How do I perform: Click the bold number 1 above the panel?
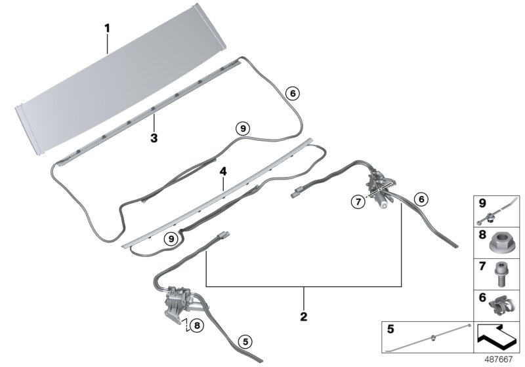[107, 28]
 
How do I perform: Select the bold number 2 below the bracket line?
[304, 316]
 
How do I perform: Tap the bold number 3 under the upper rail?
[154, 138]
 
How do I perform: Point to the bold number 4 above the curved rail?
[223, 172]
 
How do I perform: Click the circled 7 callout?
[358, 202]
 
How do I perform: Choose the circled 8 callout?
[197, 325]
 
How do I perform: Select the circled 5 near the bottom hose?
[245, 341]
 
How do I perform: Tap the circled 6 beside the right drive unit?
[421, 199]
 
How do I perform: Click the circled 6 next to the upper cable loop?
[293, 94]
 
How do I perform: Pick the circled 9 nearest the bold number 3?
[243, 128]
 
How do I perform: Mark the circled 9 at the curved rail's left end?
[171, 239]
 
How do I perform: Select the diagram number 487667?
[499, 359]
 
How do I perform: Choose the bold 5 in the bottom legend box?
[390, 329]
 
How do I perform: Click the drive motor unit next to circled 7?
[381, 188]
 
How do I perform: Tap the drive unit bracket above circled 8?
[175, 303]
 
